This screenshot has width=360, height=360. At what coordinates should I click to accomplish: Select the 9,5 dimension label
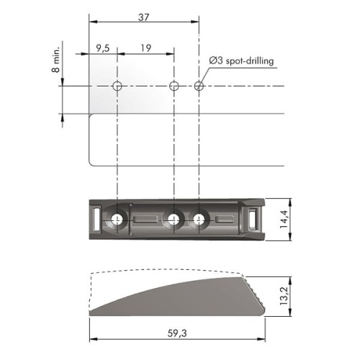pos(103,50)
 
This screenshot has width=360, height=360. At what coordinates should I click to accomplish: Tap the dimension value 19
pos(145,50)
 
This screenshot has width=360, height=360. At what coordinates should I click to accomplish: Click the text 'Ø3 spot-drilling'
pos(243,62)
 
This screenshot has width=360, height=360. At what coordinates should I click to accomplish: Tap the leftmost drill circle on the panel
pos(117,87)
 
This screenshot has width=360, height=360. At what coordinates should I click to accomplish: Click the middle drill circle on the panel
pos(173,87)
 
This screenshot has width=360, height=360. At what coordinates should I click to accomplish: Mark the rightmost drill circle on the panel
pos(199,87)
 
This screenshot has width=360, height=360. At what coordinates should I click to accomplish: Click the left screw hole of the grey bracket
pos(117,218)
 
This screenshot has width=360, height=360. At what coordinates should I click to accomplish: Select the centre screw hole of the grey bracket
pos(173,218)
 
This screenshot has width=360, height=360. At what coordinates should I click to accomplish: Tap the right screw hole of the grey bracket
pos(199,218)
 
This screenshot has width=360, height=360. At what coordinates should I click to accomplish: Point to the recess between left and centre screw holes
pos(145,218)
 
